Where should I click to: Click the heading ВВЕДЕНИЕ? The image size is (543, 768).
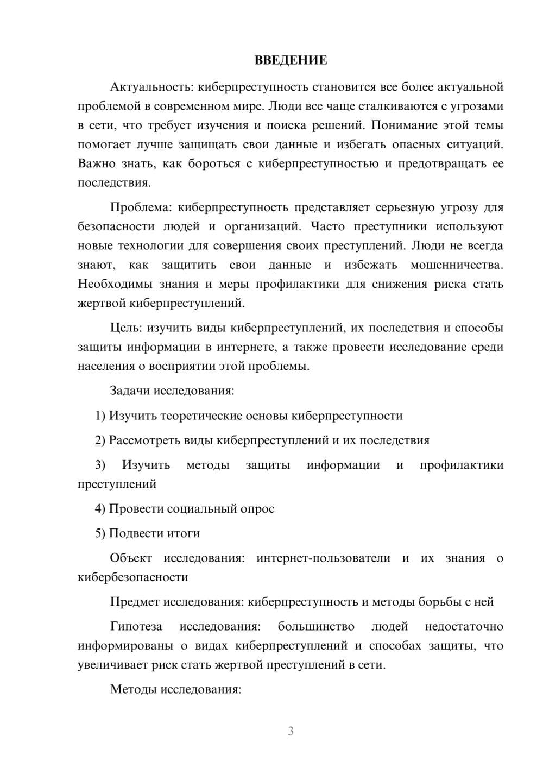pos(291,60)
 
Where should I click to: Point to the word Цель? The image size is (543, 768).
pos(125,328)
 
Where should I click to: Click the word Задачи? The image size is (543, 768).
pos(130,391)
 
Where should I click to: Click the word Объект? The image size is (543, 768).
pos(130,558)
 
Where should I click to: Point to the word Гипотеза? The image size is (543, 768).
pos(136,627)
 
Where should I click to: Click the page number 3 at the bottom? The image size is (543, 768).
pos(291,731)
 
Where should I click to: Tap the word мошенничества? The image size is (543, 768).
pos(457,265)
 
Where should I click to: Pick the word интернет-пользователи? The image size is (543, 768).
pos(323,558)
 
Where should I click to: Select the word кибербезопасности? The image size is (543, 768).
pos(133,577)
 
